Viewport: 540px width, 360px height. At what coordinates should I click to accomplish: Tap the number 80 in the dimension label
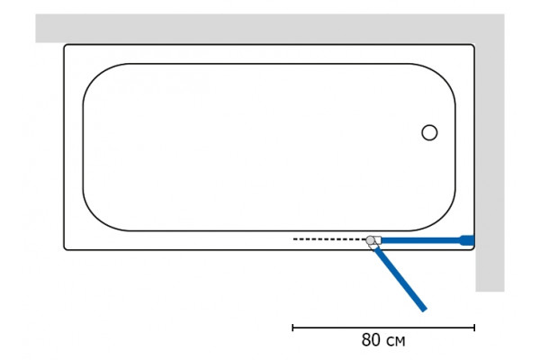pos(372,339)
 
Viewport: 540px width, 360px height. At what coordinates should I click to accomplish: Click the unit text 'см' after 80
pos(396,341)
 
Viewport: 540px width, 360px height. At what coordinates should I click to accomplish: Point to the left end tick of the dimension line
pos(292,328)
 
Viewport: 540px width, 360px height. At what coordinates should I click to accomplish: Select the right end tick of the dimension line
pos(474,328)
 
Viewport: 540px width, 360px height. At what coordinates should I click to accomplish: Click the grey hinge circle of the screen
pos(370,240)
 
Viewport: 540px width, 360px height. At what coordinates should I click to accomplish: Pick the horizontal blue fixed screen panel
pos(421,240)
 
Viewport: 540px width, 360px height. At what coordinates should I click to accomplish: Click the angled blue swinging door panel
pos(400,279)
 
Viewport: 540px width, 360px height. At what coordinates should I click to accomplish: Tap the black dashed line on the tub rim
pos(329,238)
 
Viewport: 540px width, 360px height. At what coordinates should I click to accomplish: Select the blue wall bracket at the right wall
pos(468,240)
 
